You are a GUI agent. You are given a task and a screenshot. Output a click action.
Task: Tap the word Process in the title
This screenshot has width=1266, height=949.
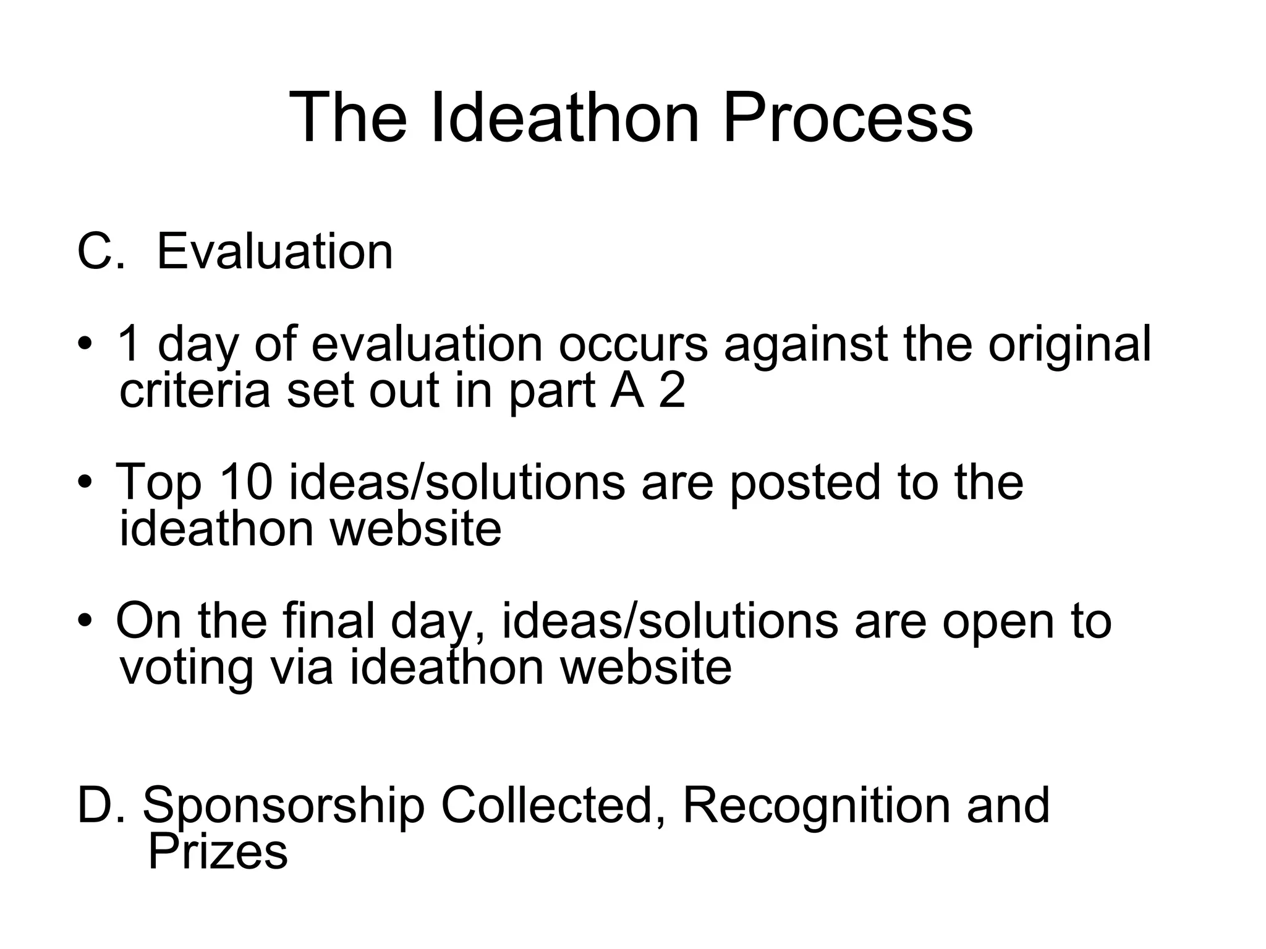pos(847,117)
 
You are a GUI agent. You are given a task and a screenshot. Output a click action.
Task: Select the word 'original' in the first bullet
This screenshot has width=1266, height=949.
pos(1069,345)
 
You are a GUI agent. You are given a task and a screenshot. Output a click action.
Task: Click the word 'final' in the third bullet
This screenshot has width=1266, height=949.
pos(328,621)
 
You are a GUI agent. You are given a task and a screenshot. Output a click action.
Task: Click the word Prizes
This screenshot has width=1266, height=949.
pos(218,852)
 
